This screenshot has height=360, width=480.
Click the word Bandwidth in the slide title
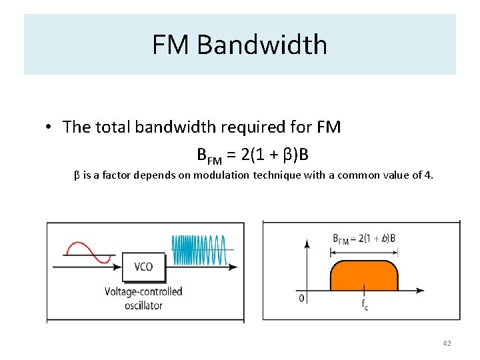point(262,45)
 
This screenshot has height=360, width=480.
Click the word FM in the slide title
point(171,45)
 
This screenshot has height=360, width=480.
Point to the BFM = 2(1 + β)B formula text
point(253,155)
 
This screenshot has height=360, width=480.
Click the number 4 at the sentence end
point(430,175)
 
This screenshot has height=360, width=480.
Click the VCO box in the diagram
point(143,267)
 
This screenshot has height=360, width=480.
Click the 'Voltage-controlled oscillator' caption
point(143,299)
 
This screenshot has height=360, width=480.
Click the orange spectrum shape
point(363,275)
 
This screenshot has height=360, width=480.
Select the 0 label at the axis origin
point(301,298)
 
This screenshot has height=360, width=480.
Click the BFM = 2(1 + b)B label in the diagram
point(364,239)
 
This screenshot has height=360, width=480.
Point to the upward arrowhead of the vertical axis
point(307,243)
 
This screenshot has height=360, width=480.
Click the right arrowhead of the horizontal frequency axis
point(419,291)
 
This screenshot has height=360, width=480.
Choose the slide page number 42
point(447,343)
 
